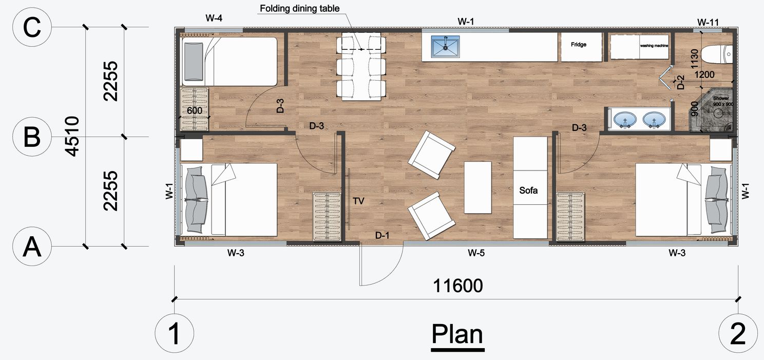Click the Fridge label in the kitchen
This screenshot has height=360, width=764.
click(579, 44)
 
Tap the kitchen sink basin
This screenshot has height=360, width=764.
click(445, 47)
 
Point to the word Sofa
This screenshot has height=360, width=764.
click(528, 190)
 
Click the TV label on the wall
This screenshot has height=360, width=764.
click(358, 201)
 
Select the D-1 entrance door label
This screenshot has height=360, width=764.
click(383, 235)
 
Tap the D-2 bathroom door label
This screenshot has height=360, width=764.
click(680, 82)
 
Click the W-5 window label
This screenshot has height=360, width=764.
click(476, 253)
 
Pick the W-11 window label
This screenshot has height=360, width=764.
click(708, 22)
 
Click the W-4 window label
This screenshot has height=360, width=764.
click(214, 18)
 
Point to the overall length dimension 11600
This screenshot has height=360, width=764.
click(457, 286)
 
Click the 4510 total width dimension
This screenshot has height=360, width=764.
click(72, 136)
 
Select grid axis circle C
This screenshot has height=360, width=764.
click(32, 27)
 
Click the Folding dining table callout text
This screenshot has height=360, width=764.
click(299, 9)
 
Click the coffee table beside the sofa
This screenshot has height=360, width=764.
click(478, 187)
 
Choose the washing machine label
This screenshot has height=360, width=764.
click(654, 45)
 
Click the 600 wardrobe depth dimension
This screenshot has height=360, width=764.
click(195, 110)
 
